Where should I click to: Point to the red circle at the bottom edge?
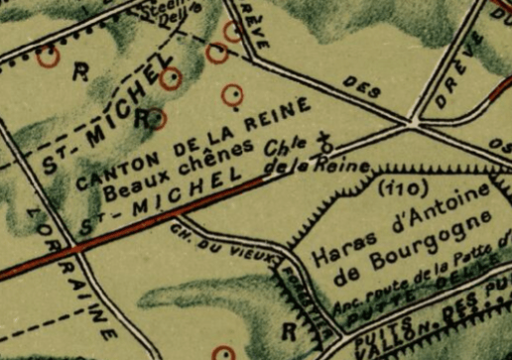225,352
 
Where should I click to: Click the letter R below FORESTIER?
290,329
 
